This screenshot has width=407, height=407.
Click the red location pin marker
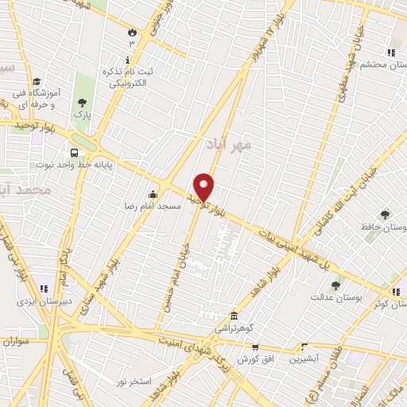coord(204,187)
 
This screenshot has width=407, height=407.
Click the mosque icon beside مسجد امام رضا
coord(153,194)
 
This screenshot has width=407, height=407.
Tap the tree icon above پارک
coord(82,103)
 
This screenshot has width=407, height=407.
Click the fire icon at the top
coord(131,32)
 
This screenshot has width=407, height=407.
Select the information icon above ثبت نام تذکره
coord(127,60)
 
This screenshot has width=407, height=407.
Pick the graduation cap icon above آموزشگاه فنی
coord(37,81)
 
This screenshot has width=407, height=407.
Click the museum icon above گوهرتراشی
coord(233,316)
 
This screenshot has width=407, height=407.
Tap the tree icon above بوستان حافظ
coord(386,215)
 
